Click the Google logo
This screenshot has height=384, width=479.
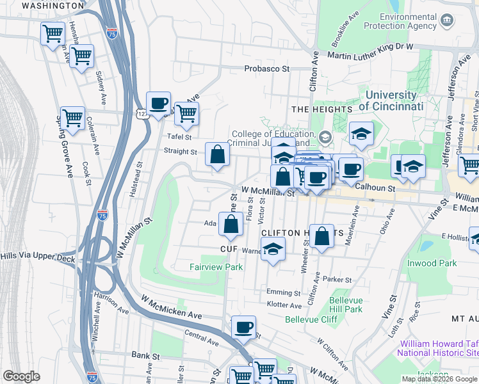[x=21, y=376]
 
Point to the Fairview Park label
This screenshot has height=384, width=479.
[x=216, y=267]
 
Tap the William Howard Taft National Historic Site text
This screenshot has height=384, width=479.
[x=437, y=348]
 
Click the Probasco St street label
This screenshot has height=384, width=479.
[x=267, y=68]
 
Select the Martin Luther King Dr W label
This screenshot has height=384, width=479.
[x=371, y=56]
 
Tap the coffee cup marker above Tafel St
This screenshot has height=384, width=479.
[x=158, y=104]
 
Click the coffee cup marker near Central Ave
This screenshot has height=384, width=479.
[x=243, y=328]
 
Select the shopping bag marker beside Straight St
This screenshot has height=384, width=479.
[x=217, y=154]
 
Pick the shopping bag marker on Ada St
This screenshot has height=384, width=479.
[x=231, y=224]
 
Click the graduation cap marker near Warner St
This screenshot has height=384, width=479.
[x=273, y=250]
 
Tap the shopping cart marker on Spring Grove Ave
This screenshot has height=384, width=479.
[x=72, y=118]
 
